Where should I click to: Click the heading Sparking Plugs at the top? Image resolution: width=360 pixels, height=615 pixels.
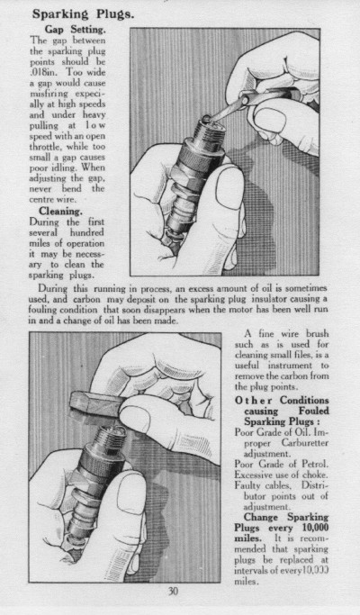click(x=83, y=14)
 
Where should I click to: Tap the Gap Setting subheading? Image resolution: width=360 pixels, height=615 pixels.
click(x=75, y=30)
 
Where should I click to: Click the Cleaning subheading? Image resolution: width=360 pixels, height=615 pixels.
click(x=60, y=212)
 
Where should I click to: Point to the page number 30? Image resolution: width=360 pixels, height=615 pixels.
click(x=173, y=591)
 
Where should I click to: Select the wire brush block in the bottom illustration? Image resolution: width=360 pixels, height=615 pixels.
click(x=97, y=404)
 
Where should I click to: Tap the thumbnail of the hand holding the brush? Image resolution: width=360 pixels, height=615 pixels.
click(x=135, y=419)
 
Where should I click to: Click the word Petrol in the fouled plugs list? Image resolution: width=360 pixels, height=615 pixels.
click(x=315, y=464)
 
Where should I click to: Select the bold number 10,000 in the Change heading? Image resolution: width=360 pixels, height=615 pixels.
click(x=313, y=528)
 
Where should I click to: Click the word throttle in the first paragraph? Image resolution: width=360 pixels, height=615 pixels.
click(x=46, y=147)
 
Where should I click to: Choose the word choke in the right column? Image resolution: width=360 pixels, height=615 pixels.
click(x=317, y=475)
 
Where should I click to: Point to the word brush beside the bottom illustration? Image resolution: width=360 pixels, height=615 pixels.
click(x=318, y=334)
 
